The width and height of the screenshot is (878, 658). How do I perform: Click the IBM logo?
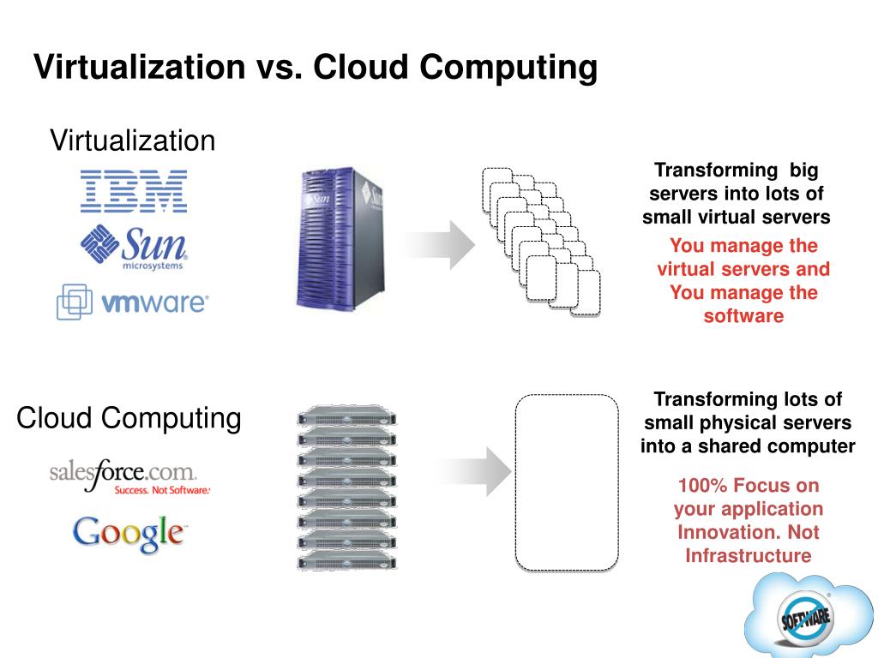(133, 191)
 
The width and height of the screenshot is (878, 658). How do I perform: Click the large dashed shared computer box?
(566, 482)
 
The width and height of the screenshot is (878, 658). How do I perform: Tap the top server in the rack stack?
(348, 419)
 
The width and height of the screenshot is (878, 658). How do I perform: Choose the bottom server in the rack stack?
(348, 562)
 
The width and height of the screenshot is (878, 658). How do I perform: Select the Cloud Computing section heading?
(129, 419)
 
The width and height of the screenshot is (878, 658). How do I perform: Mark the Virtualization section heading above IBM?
(133, 140)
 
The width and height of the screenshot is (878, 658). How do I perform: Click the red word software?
(743, 315)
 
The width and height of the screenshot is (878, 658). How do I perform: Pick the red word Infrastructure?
(748, 555)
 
